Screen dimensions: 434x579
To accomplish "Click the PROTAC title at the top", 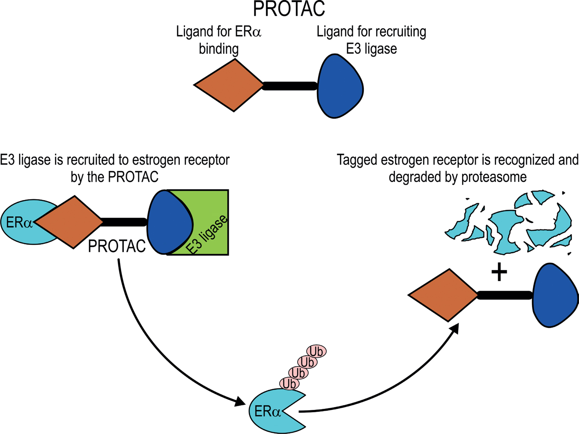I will [x=289, y=9].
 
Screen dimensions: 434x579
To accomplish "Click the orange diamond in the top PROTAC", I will [x=229, y=85].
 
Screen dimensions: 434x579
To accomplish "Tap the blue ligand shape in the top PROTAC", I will [x=340, y=86].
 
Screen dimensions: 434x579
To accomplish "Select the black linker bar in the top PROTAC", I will [x=290, y=86].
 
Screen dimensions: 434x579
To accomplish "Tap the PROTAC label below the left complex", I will [x=117, y=246].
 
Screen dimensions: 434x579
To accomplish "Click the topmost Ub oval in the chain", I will [x=316, y=351].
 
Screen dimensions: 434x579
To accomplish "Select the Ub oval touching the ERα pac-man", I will [x=289, y=384].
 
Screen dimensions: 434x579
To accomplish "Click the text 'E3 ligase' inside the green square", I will [x=207, y=235].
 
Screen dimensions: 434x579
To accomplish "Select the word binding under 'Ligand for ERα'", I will [x=218, y=49].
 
